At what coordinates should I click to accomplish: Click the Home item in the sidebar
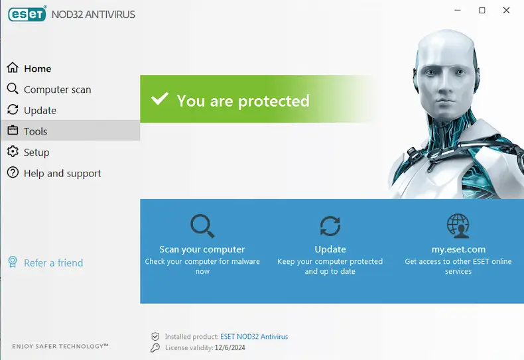[37, 68]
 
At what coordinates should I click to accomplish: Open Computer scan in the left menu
[57, 90]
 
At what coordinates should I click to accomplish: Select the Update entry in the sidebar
[40, 111]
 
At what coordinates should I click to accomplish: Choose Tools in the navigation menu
[35, 131]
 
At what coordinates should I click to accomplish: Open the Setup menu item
[36, 152]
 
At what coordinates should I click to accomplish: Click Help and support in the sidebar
[62, 174]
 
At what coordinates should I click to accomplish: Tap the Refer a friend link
[53, 263]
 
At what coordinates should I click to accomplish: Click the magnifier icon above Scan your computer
[202, 226]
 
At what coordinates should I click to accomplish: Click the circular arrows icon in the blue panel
[330, 226]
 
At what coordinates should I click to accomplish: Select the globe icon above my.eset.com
[458, 226]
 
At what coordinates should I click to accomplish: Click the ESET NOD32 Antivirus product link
[254, 337]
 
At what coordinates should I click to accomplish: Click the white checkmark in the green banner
[160, 99]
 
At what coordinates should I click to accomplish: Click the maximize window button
[482, 11]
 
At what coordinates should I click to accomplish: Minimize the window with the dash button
[458, 11]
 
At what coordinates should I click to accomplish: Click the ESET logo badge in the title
[27, 15]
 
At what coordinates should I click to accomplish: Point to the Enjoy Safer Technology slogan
[60, 346]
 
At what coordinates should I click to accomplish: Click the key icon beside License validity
[155, 347]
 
